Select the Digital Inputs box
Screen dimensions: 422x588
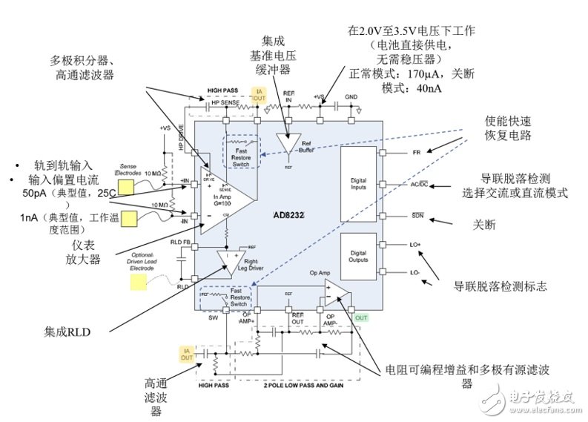point(358,184)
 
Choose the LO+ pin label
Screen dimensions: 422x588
point(416,244)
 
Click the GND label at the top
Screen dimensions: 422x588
point(351,96)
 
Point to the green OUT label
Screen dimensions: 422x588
point(361,318)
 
